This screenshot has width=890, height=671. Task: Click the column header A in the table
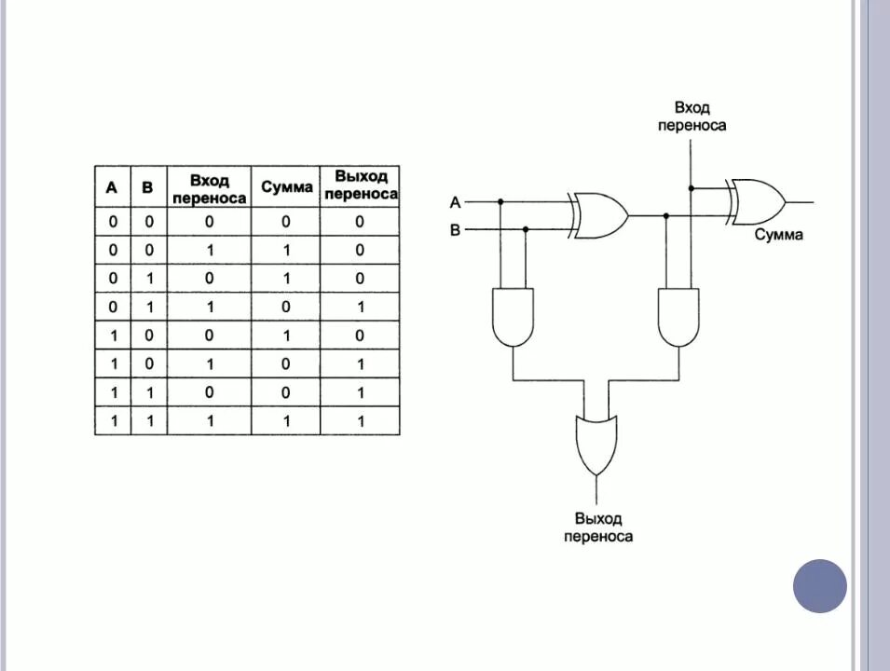(112, 187)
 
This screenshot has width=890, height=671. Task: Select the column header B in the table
(147, 187)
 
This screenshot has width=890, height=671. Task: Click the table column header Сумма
(286, 187)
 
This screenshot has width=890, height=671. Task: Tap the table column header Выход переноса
(360, 185)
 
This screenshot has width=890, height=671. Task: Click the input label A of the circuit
(455, 201)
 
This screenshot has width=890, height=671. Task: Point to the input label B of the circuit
(455, 229)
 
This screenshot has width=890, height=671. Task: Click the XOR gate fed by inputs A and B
(598, 215)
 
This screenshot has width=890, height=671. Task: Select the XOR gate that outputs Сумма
(757, 201)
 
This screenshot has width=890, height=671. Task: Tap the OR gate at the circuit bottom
(596, 445)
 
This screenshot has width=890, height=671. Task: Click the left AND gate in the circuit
(513, 317)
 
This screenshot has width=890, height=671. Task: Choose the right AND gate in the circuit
(679, 317)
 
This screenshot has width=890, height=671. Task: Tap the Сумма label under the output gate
(778, 235)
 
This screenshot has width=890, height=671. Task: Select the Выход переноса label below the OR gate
(597, 527)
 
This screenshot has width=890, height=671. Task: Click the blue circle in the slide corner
(820, 586)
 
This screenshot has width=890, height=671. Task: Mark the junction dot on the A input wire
(500, 201)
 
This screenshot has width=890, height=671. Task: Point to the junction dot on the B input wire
(525, 229)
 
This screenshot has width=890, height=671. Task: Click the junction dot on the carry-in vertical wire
(691, 187)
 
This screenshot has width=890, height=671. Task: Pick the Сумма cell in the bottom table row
(286, 420)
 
